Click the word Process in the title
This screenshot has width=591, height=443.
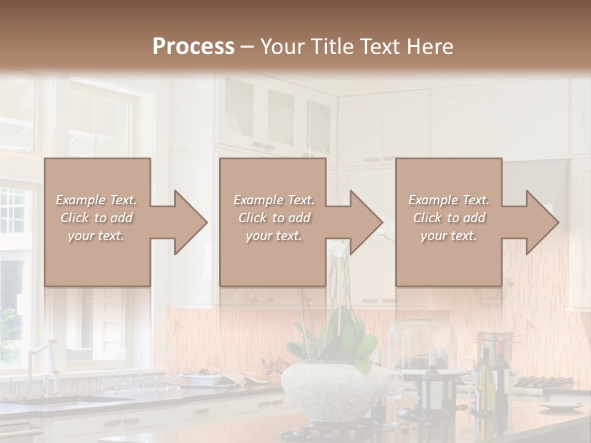pyautogui.click(x=193, y=47)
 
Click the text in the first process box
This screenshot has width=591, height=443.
pyautogui.click(x=97, y=218)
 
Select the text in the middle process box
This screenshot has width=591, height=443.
pyautogui.click(x=274, y=218)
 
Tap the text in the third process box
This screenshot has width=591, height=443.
pyautogui.click(x=449, y=218)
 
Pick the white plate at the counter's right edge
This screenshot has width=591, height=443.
pyautogui.click(x=561, y=406)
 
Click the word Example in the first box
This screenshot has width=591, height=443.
pyautogui.click(x=79, y=200)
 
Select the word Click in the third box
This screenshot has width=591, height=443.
pyautogui.click(x=427, y=218)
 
